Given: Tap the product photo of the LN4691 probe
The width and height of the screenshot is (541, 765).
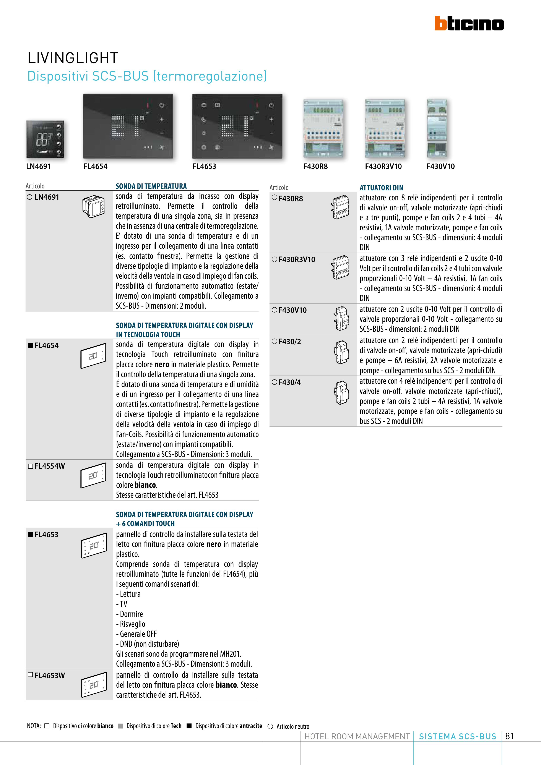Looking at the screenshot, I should point(45,139).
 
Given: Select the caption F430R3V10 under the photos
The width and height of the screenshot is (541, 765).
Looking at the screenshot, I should point(383,166).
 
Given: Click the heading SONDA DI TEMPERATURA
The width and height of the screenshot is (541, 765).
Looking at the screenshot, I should point(151,186).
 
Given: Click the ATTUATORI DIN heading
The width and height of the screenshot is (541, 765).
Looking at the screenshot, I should point(381,188).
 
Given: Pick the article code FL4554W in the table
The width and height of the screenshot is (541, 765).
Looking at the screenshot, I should point(50,466).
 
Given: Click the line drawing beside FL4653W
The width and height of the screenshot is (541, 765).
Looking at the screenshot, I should point(94,685).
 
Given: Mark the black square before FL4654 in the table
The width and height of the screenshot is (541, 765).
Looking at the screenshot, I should point(31,345).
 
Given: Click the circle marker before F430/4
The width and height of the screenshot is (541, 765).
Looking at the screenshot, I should point(274,382).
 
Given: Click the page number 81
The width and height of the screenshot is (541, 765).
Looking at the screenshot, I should point(510,736).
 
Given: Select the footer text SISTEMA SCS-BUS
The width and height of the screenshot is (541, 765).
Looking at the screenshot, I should point(457,736).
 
